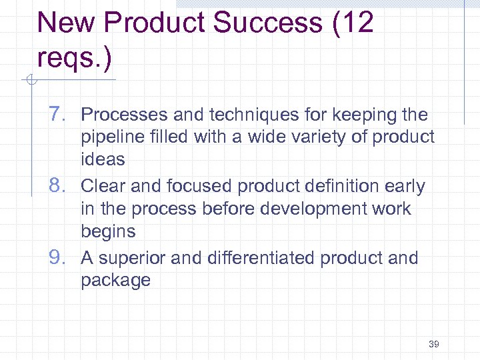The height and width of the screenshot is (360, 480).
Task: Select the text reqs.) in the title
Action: coord(75,57)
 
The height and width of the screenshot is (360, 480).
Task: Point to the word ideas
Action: coord(103,159)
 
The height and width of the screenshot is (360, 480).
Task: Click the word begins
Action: coord(108,231)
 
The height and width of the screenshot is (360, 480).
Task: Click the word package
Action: coord(116,281)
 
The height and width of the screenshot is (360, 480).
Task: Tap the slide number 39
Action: coord(434,344)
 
